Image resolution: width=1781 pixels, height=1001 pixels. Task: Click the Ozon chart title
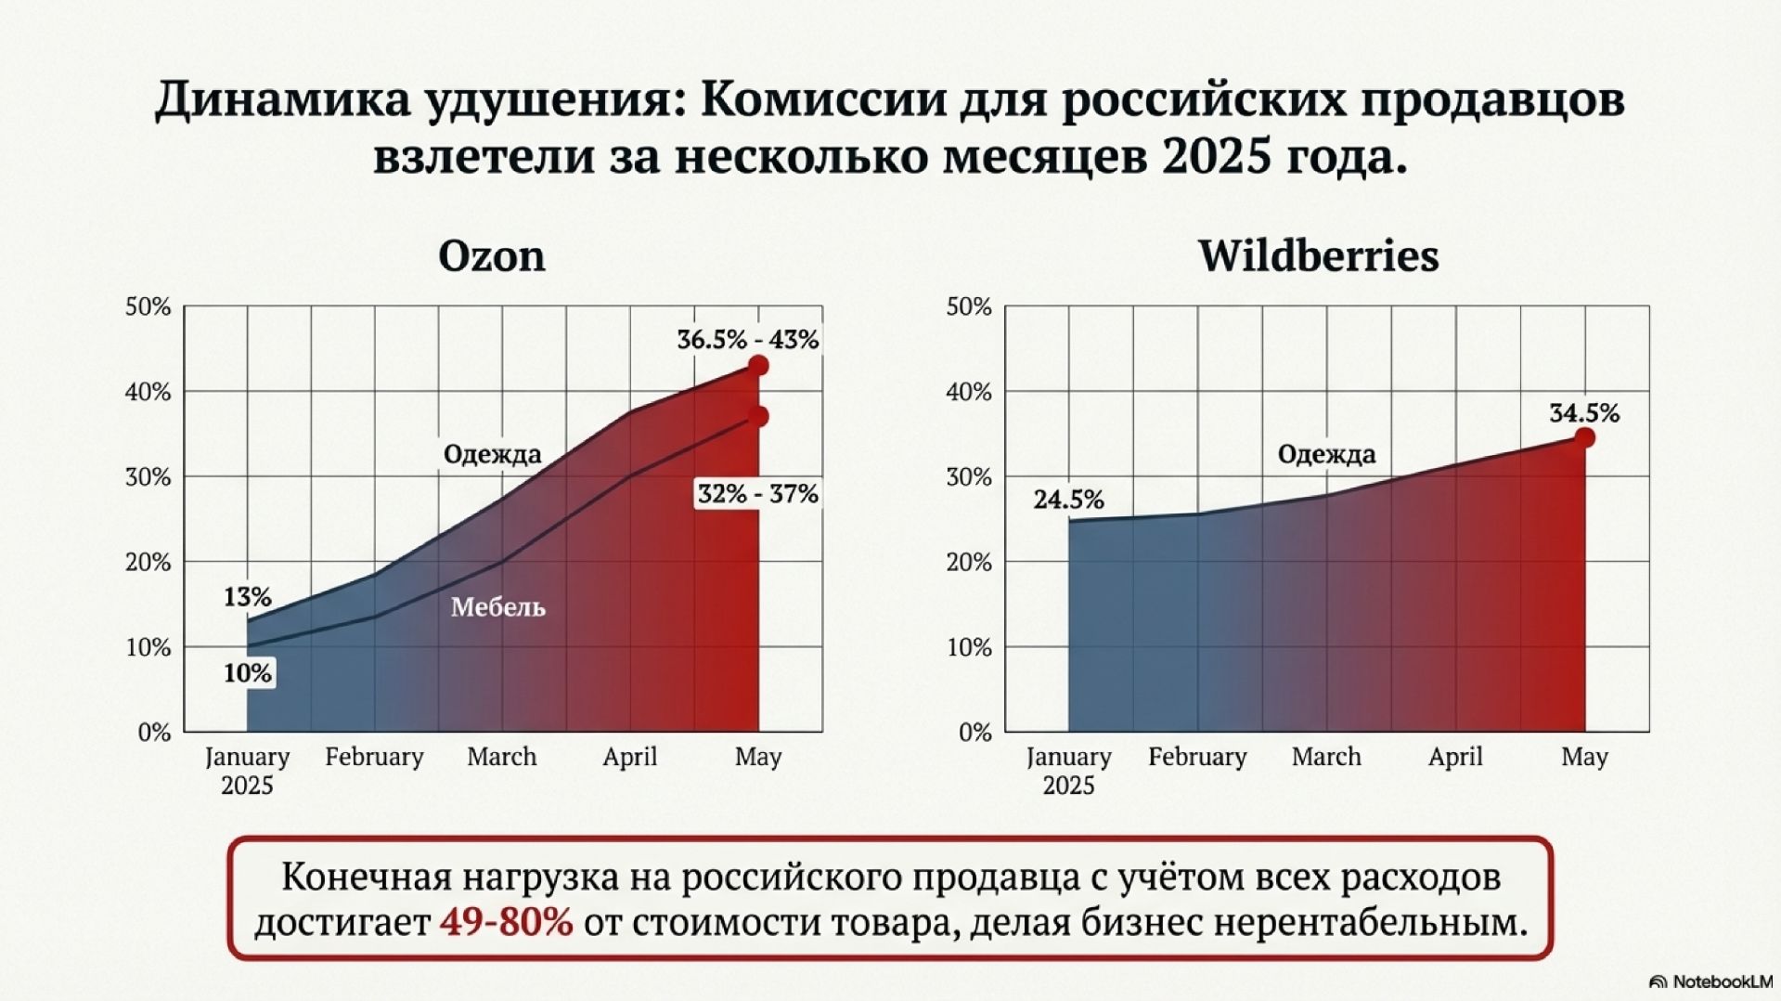(491, 256)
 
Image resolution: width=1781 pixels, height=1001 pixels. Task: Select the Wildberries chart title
(1318, 256)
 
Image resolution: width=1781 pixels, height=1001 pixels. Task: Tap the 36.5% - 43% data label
(747, 340)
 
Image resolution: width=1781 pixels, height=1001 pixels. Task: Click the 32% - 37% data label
(757, 494)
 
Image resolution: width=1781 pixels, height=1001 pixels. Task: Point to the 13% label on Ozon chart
(247, 596)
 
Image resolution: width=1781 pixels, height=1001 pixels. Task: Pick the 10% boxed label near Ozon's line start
(247, 672)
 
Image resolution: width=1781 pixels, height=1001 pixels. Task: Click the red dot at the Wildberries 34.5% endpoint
(1584, 437)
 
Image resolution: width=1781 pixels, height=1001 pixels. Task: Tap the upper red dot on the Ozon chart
(758, 366)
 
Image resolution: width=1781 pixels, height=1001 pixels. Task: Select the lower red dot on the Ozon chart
(758, 416)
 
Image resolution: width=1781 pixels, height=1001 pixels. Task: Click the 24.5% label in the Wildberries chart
(1068, 500)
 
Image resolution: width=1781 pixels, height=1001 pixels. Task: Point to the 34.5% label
(1583, 413)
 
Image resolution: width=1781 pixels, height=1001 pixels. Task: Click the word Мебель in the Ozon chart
(498, 607)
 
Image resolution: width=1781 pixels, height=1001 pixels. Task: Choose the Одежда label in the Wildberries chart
(1325, 454)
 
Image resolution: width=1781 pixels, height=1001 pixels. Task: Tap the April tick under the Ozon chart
(629, 757)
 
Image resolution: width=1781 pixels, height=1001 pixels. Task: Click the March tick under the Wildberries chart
(1325, 757)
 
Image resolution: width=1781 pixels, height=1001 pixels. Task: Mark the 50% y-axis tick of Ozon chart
(148, 306)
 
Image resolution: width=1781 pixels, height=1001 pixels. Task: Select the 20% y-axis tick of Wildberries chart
(969, 562)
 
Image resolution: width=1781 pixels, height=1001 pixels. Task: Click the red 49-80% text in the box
(506, 923)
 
